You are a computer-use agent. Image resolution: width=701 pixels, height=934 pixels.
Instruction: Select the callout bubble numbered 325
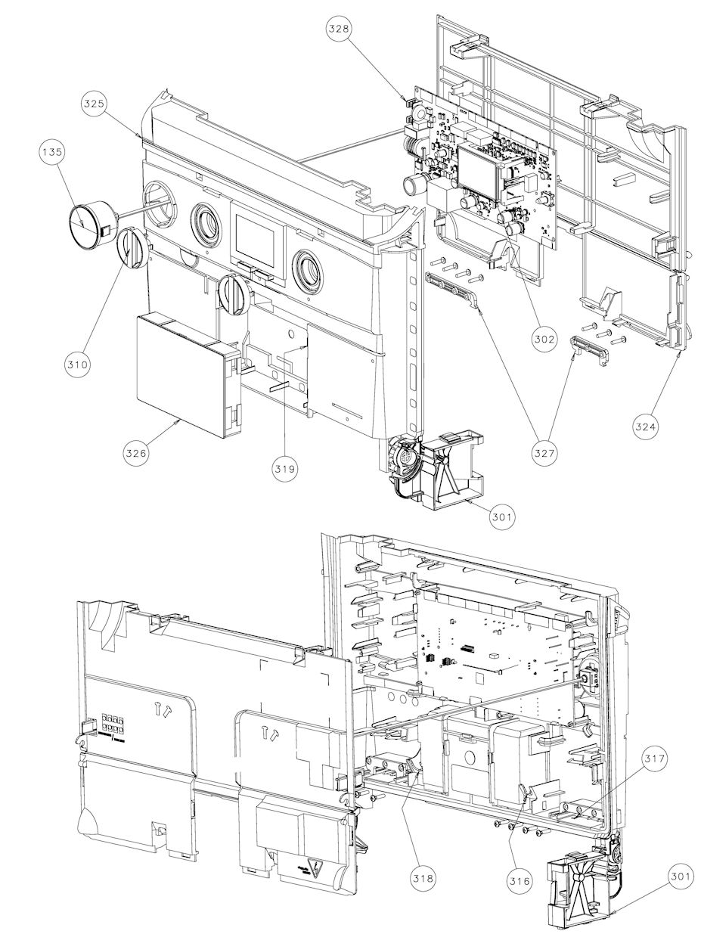tap(95, 103)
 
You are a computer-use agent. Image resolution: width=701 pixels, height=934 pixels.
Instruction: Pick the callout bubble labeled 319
tap(286, 469)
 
